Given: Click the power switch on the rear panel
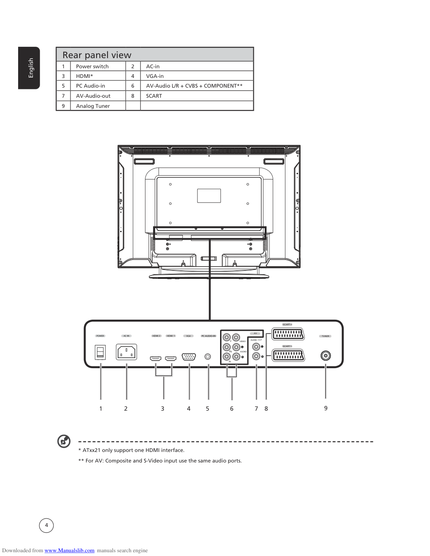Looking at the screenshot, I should coord(100,352).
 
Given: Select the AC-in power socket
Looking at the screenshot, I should coord(126,352).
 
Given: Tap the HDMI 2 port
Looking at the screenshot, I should coord(156,358).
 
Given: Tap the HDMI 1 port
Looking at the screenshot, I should coord(171,358).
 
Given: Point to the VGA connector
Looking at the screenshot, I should coord(189,357).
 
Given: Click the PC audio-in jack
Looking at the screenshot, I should coord(207,357).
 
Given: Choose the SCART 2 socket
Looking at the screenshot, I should coord(288,334).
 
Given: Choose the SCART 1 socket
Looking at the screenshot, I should coord(288,356).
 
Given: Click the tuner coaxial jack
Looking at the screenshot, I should coord(325,356).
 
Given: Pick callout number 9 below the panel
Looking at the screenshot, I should coord(326,408).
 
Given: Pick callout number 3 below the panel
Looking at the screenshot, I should coord(163,409).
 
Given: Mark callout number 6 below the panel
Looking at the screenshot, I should coord(232,409).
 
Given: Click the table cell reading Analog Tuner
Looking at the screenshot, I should coord(93,106).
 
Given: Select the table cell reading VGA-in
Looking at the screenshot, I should coord(155,76).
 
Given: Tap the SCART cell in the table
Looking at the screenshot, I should coord(154,96).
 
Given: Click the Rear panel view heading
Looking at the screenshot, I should coord(97,55).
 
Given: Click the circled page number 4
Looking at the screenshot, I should coord(46,525).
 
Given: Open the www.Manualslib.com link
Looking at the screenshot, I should coord(70,551).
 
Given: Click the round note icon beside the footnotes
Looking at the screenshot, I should coord(64,441).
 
